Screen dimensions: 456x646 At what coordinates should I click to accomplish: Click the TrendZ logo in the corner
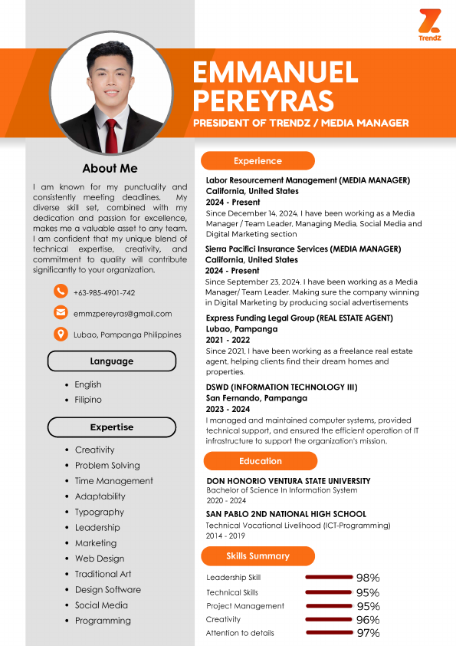click(429, 25)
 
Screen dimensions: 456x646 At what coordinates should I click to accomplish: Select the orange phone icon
click(61, 292)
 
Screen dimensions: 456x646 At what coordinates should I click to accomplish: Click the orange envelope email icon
click(61, 313)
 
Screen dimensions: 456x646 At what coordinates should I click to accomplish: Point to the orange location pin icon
click(61, 335)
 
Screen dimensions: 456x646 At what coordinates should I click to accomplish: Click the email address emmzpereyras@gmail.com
click(123, 314)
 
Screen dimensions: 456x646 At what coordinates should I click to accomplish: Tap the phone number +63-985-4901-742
click(104, 292)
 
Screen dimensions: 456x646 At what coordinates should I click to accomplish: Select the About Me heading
click(110, 168)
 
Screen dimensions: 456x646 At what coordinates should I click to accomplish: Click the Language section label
click(112, 361)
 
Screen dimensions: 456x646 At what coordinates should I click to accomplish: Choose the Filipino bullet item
click(88, 400)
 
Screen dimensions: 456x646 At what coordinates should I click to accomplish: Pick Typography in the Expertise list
click(100, 512)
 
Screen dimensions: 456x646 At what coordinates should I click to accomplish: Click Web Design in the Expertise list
click(100, 559)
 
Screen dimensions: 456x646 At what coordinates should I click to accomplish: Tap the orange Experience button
click(258, 161)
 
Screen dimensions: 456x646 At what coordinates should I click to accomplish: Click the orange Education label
click(261, 461)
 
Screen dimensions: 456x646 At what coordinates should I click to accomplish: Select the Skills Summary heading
click(258, 556)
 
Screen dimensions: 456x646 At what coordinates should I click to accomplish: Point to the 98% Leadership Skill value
click(368, 578)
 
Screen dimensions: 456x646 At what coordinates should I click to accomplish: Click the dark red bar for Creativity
click(328, 619)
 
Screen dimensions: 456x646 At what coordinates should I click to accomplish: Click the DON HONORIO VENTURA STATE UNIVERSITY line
click(289, 481)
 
